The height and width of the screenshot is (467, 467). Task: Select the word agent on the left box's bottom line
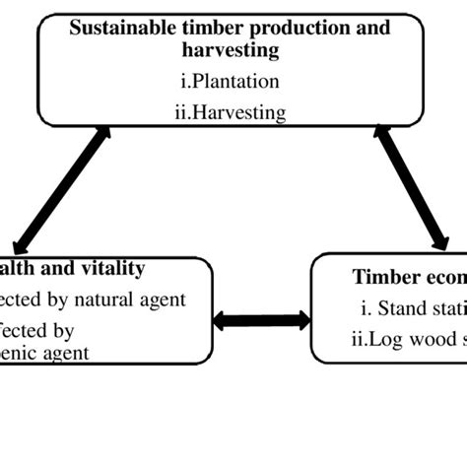tap(63, 353)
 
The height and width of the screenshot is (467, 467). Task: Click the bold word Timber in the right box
tap(385, 277)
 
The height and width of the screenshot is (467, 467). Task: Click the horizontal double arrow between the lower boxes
tap(261, 320)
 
